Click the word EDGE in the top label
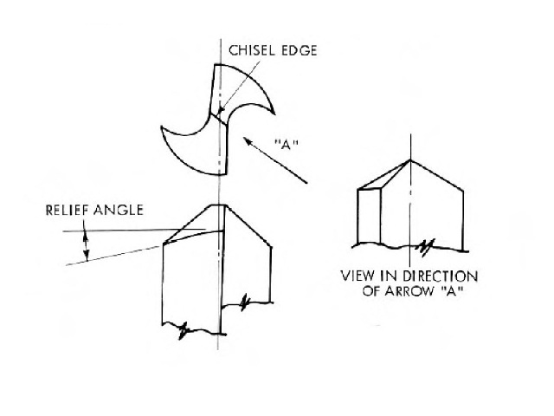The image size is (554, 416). pyautogui.click(x=299, y=50)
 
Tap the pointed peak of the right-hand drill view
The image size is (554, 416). pyautogui.click(x=410, y=159)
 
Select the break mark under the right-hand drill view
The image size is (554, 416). pyautogui.click(x=424, y=247)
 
